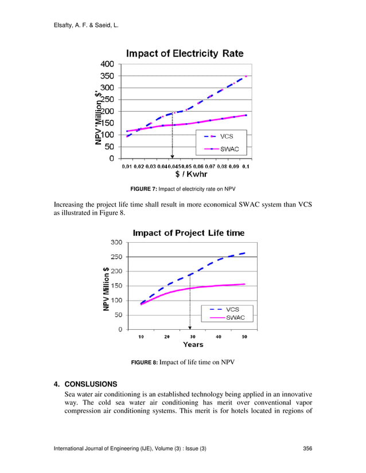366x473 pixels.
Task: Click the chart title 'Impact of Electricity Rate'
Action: (185, 54)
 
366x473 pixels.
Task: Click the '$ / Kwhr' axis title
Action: (191, 174)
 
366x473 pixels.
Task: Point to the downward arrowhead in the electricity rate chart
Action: (172, 155)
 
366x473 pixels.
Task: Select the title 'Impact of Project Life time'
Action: (189, 232)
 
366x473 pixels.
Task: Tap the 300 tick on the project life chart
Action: (116, 242)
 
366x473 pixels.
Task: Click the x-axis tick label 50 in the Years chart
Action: (244, 337)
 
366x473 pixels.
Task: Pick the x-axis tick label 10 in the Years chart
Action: (141, 337)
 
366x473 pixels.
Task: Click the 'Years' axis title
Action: (193, 345)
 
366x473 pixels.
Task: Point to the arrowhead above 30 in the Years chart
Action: (190, 326)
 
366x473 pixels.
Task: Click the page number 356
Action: (307, 448)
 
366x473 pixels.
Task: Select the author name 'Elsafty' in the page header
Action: (65, 25)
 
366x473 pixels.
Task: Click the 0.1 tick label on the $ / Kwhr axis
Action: (246, 167)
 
